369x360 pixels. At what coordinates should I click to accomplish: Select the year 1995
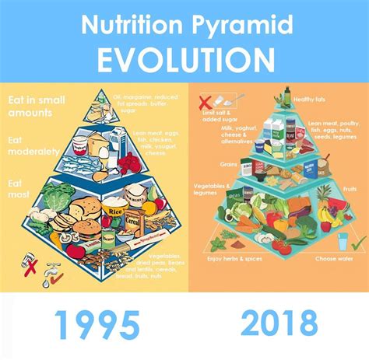pos(90,323)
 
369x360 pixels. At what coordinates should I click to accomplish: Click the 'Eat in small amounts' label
pos(34,106)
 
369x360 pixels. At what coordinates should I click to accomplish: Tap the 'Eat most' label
pos(22,187)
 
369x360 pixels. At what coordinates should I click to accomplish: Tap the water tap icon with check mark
pos(52,272)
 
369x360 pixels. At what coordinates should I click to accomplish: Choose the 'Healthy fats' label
pos(310,100)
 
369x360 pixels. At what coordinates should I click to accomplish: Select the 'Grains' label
pos(228,164)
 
